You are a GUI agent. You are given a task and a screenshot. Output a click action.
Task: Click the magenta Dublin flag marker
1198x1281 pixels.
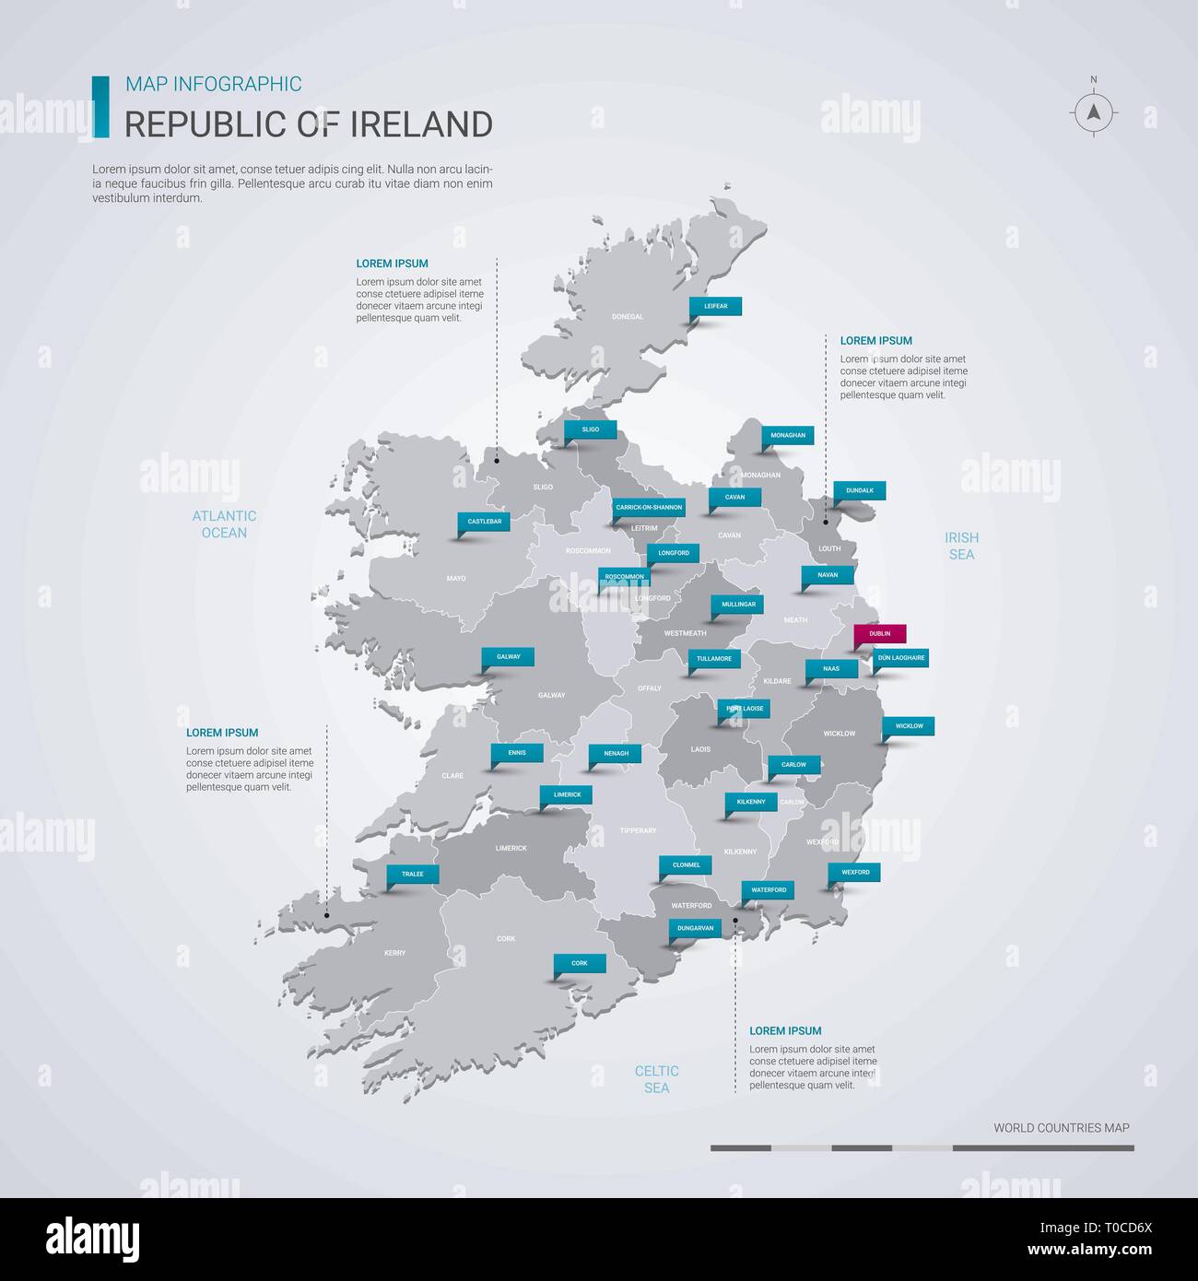coord(880,634)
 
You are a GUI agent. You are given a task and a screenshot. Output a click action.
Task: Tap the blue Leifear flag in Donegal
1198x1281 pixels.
coord(716,306)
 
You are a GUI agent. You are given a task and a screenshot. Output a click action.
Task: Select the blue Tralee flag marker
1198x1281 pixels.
coord(413,874)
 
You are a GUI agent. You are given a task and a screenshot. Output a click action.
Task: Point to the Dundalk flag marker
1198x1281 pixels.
coord(860,490)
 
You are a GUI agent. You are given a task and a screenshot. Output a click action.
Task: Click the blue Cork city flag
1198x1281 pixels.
coord(580,963)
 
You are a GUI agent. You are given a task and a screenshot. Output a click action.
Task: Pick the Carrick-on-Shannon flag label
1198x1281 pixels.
coord(650,507)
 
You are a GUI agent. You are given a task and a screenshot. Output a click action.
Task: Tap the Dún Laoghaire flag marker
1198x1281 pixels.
coord(901,657)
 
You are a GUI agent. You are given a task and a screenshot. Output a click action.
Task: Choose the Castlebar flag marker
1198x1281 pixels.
coord(484,522)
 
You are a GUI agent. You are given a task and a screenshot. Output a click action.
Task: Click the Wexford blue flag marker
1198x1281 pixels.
coord(855,871)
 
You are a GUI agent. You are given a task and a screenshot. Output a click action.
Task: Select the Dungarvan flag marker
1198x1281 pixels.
coord(696,928)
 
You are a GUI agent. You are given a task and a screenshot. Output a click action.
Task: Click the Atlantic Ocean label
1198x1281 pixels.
coord(225,524)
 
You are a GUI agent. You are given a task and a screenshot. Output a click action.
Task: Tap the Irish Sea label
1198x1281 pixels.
coord(961,546)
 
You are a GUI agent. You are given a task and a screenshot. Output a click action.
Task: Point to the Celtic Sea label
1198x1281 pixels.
coord(656,1079)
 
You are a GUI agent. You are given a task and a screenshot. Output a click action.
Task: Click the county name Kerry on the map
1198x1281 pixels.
coord(394,953)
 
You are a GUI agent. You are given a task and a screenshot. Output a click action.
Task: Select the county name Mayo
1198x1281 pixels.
coord(456,579)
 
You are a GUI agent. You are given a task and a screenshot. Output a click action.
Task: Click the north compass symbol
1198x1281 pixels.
coord(1094,112)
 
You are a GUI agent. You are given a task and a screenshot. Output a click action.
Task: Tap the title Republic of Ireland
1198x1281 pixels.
coord(309,123)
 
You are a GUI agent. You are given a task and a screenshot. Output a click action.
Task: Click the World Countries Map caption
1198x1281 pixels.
coord(1061,1127)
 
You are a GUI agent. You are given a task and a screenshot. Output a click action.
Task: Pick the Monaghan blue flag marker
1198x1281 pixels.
coord(788,435)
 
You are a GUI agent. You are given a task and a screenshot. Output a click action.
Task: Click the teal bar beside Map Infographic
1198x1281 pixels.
coord(100,106)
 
